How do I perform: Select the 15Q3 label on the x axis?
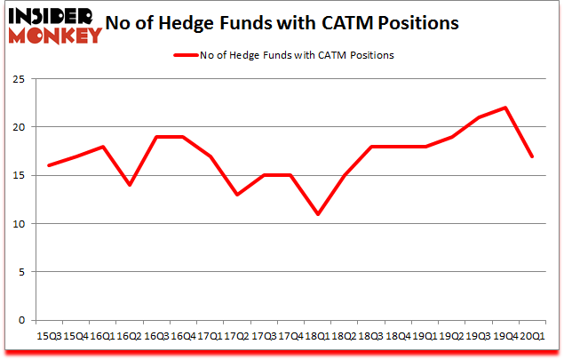click(x=50, y=337)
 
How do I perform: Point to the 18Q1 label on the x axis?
click(x=317, y=337)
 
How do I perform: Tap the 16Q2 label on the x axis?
click(x=130, y=337)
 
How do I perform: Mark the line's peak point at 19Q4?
click(x=504, y=108)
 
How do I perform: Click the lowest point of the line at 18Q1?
click(x=317, y=214)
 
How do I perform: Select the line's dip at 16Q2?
click(x=130, y=185)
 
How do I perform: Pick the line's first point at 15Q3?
click(x=50, y=165)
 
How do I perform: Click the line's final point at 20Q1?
click(x=531, y=156)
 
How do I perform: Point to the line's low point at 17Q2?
click(x=237, y=195)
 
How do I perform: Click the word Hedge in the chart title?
click(x=212, y=23)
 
